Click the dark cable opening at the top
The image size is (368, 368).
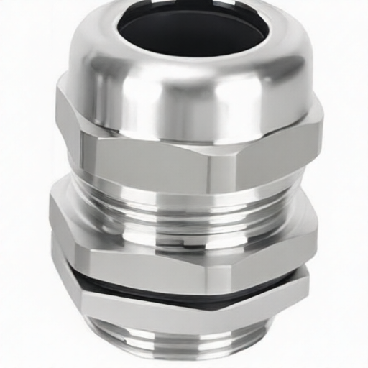[188, 32]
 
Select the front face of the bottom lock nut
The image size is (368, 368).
[151, 309]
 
